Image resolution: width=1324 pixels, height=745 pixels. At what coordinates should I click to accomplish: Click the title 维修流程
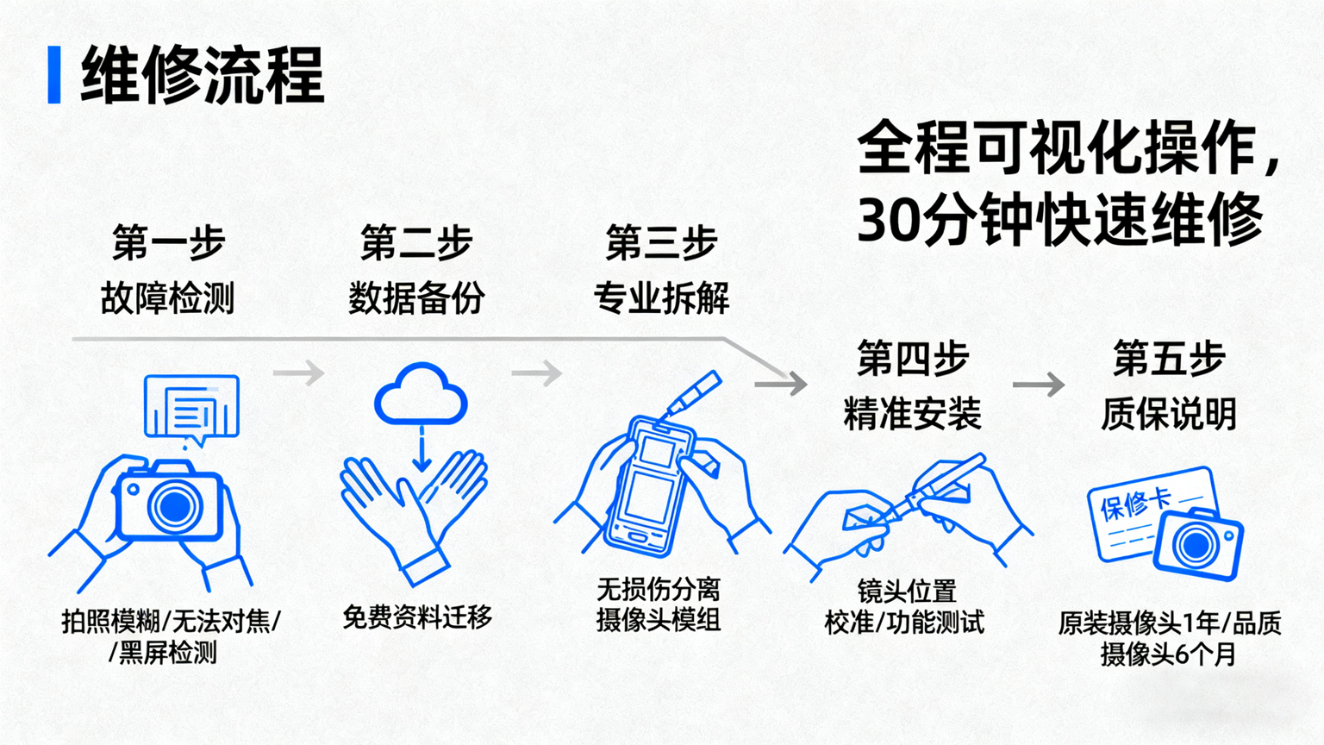pyautogui.click(x=203, y=76)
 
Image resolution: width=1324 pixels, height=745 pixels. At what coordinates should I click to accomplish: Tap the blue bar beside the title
pyautogui.click(x=54, y=76)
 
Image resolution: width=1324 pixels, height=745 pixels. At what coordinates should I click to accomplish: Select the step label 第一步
pyautogui.click(x=169, y=242)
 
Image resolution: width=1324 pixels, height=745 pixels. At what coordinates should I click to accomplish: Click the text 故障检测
pyautogui.click(x=168, y=298)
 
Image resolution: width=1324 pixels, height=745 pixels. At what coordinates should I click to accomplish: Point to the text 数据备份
pyautogui.click(x=416, y=298)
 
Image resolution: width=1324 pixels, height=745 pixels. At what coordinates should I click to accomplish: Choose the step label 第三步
pyautogui.click(x=661, y=242)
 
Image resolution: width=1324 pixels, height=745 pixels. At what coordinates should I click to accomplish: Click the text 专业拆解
pyautogui.click(x=661, y=298)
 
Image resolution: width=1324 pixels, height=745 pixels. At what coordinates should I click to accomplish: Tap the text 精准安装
pyautogui.click(x=912, y=414)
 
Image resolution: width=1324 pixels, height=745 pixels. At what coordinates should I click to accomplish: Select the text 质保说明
pyautogui.click(x=1168, y=414)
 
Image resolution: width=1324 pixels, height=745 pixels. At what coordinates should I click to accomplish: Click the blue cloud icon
pyautogui.click(x=421, y=395)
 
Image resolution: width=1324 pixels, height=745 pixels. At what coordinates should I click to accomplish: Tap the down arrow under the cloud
pyautogui.click(x=422, y=450)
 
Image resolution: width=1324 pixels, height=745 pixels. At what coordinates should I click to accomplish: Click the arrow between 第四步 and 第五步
pyautogui.click(x=1039, y=385)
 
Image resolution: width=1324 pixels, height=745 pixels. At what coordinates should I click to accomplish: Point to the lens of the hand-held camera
pyautogui.click(x=175, y=506)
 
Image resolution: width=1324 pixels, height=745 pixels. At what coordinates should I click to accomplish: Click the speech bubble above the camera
pyautogui.click(x=191, y=408)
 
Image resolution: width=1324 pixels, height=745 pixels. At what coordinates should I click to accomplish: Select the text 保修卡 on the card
pyautogui.click(x=1135, y=504)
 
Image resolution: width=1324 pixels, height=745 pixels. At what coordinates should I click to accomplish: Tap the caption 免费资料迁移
pyautogui.click(x=417, y=617)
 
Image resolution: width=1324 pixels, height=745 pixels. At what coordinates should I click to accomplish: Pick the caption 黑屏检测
pyautogui.click(x=167, y=653)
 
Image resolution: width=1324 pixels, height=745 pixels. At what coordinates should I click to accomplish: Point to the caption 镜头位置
pyautogui.click(x=907, y=592)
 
